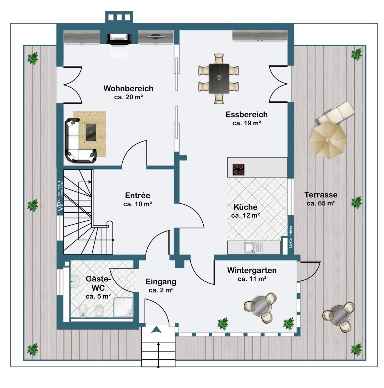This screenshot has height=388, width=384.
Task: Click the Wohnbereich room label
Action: coord(128,88)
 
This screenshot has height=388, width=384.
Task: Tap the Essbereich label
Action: coord(246,115)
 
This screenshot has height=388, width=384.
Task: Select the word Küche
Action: coord(245,207)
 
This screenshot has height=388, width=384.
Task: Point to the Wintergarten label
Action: coord(252,270)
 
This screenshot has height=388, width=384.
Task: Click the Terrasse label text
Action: coord(321,195)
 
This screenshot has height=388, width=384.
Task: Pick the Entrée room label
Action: coord(137,195)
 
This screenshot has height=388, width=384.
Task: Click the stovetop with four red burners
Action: coord(238,170)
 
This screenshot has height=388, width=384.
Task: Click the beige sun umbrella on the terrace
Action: coord(328,140)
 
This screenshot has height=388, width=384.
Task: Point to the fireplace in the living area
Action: coord(119,39)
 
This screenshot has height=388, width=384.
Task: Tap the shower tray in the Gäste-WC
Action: coord(123,307)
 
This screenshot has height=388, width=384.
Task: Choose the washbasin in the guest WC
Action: coord(75,281)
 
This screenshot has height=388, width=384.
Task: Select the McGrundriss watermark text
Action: coord(291,237)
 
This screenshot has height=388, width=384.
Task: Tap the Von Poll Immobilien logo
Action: coord(60,196)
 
